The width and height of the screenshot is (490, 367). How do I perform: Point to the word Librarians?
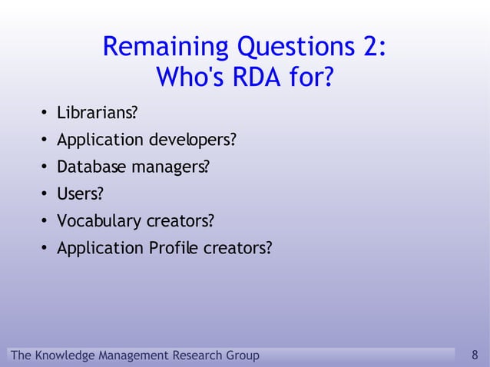[x=96, y=114]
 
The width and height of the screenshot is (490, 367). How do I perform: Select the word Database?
[x=90, y=167]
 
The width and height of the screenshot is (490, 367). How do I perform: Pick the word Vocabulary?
[x=99, y=222]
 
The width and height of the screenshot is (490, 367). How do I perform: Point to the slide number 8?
[x=475, y=355]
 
